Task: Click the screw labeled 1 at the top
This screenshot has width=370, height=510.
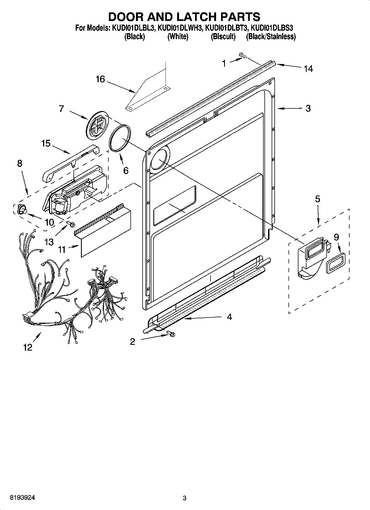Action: click(x=243, y=56)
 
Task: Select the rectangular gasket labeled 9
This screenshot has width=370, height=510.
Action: click(x=335, y=263)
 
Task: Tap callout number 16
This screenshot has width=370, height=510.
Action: click(x=100, y=79)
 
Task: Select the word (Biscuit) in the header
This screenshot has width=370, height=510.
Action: click(x=223, y=37)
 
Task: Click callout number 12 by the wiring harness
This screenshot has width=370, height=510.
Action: click(x=28, y=347)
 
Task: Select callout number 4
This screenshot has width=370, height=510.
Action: click(x=229, y=317)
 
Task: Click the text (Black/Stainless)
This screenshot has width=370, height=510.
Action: click(x=271, y=37)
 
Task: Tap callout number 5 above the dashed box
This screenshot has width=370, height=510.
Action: click(x=317, y=199)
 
